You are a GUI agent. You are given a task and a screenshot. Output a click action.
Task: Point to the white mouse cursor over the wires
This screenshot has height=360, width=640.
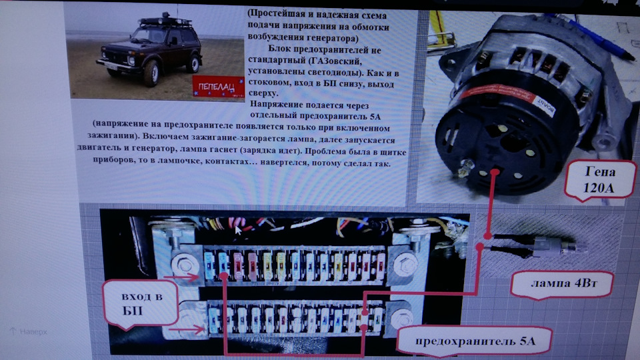click(x=238, y=230)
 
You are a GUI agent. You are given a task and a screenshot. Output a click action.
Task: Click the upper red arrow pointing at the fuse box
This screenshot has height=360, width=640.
click(x=184, y=275)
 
